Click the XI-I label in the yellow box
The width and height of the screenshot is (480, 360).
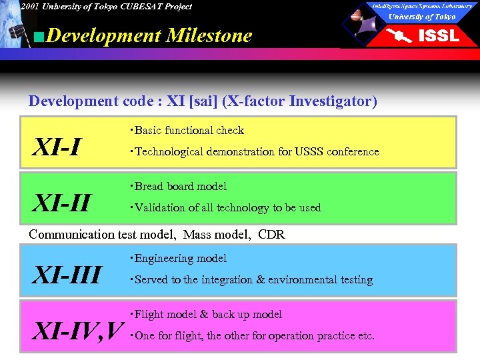(x=57, y=147)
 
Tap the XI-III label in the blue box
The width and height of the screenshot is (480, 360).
(x=67, y=274)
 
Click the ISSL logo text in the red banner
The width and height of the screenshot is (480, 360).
(x=438, y=35)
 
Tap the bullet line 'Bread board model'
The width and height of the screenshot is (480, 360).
(x=180, y=187)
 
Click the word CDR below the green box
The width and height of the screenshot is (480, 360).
(x=271, y=235)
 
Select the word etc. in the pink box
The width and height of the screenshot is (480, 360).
(x=366, y=336)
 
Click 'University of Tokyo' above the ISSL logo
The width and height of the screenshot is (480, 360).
(x=422, y=17)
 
